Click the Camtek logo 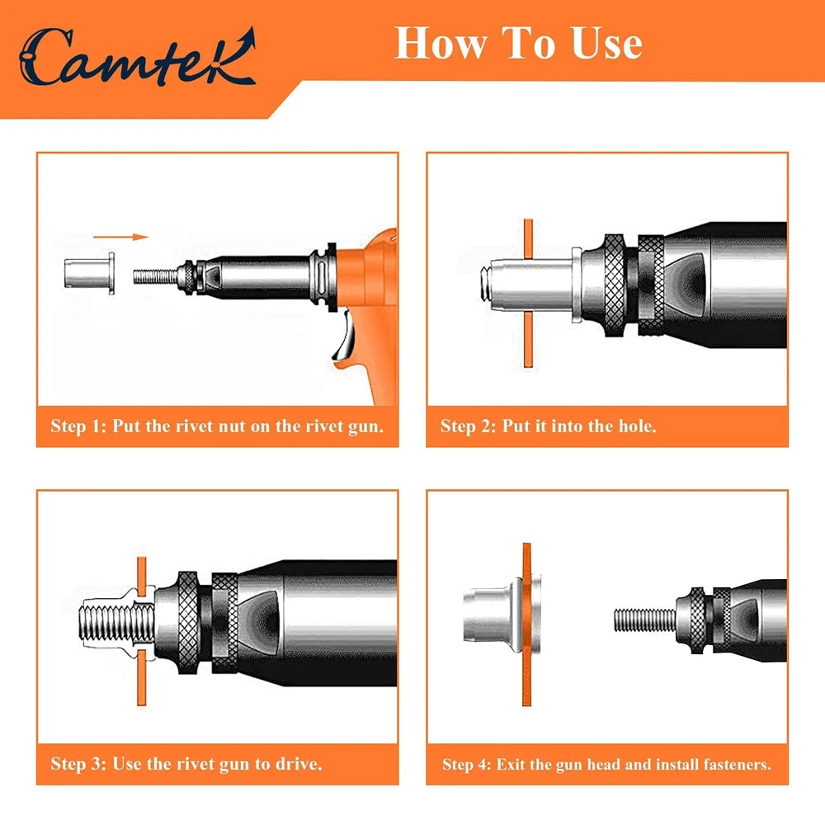pos(137,57)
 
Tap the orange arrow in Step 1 pos(120,237)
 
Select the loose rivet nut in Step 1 pos(89,273)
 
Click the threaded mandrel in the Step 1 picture pos(155,276)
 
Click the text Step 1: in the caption pos(78,426)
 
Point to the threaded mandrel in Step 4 pos(645,620)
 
